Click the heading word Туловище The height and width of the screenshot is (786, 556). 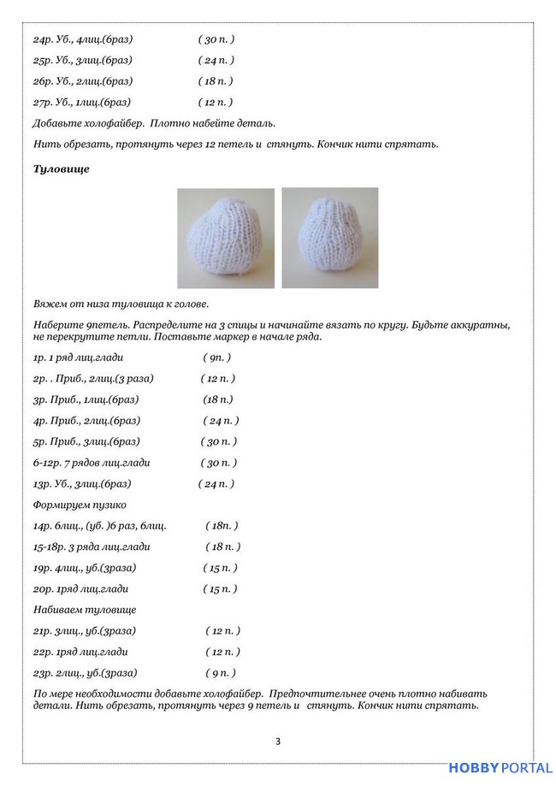click(61, 169)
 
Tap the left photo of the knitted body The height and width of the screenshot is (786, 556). click(226, 239)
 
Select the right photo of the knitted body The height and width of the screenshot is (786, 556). click(329, 239)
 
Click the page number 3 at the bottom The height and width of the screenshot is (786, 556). click(278, 741)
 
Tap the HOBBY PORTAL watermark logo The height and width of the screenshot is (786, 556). click(500, 768)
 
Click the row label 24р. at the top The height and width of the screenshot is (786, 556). click(43, 39)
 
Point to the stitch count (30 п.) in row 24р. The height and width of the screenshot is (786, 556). click(216, 39)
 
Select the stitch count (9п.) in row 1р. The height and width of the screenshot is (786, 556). click(217, 358)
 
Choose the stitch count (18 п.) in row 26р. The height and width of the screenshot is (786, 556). click(216, 81)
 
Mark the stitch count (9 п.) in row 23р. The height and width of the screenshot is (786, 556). click(221, 673)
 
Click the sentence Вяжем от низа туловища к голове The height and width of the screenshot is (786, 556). click(121, 304)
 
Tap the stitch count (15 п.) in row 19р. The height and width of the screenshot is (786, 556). click(220, 568)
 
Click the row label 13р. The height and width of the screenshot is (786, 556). click(43, 484)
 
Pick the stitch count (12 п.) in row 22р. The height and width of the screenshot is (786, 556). click(222, 652)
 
